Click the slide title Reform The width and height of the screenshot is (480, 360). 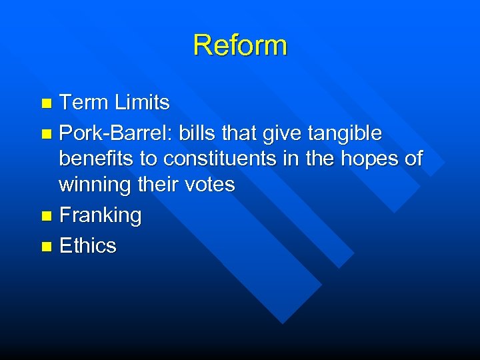(x=240, y=45)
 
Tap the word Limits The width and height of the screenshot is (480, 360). (x=142, y=103)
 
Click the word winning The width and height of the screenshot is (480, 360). (x=95, y=185)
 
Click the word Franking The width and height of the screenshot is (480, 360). (x=101, y=215)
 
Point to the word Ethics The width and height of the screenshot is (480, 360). (x=87, y=246)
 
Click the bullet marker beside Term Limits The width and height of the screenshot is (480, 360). (x=45, y=104)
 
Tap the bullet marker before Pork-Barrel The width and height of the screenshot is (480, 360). (x=45, y=135)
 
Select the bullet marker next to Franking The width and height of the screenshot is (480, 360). (x=45, y=217)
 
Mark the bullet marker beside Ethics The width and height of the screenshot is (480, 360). (x=45, y=247)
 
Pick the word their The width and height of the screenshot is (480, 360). (x=157, y=185)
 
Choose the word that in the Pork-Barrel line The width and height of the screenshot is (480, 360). (x=240, y=133)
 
